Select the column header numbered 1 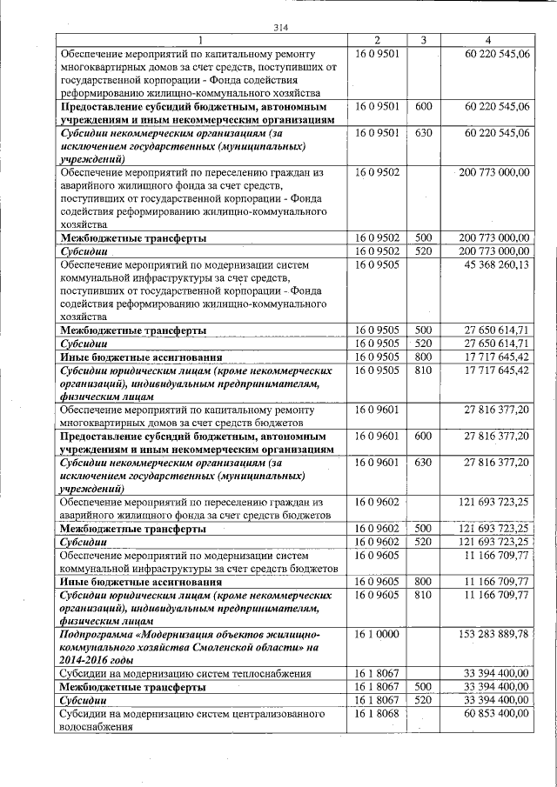coord(201,40)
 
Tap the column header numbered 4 coord(487,40)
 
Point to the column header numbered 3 coord(422,40)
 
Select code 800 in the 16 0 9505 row coord(424,357)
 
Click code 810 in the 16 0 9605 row coord(424,595)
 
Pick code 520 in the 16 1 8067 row coord(424,699)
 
